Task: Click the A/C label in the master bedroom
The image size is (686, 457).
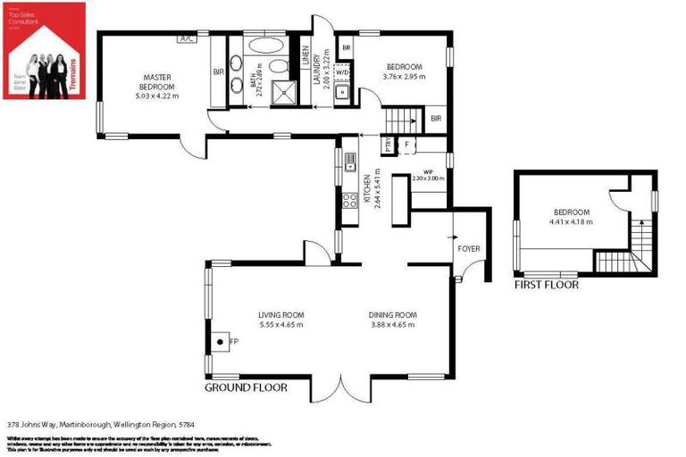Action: (x=188, y=39)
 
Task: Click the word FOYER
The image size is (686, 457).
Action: (x=469, y=249)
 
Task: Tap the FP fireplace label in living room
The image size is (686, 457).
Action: (x=233, y=341)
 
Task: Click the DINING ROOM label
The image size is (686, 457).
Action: (x=393, y=315)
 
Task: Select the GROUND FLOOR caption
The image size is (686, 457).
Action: (x=247, y=388)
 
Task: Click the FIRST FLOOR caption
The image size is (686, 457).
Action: (x=546, y=286)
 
